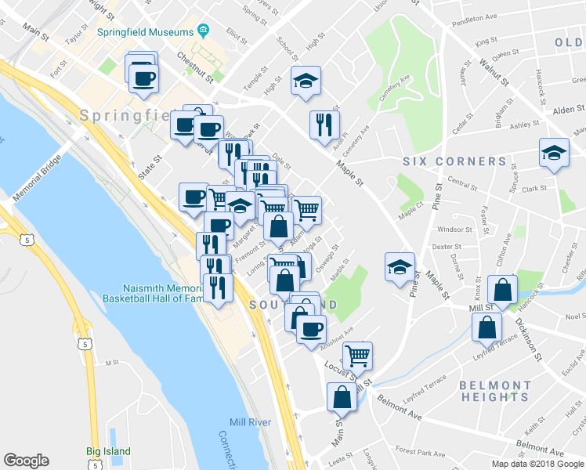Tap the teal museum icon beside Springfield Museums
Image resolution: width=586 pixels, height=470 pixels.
204,31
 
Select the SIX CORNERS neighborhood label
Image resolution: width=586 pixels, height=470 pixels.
454,161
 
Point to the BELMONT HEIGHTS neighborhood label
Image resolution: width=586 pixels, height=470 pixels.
494,391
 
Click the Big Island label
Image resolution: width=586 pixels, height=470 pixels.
109,451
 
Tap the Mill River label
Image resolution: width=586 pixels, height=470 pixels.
251,422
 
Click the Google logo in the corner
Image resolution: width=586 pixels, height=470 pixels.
26,461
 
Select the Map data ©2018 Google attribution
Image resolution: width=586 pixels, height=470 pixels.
537,464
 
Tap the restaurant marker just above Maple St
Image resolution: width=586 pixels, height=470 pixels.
323,123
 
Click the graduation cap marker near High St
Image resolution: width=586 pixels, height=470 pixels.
306,80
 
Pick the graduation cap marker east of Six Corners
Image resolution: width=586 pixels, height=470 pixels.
554,152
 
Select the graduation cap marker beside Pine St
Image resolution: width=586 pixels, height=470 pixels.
400,266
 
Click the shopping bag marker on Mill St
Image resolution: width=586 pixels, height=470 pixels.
501,289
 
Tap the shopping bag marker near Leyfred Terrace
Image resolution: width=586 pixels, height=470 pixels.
487,326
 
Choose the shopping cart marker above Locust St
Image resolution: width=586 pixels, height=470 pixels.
357,355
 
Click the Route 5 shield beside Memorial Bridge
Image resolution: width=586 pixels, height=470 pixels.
27,240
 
